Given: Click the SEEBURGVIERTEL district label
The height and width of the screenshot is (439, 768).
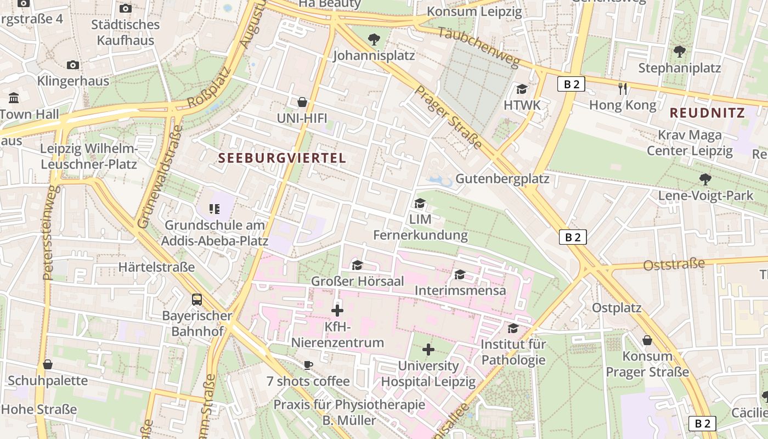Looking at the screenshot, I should click(x=282, y=158).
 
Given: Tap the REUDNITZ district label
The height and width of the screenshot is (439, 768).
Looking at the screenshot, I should click(x=707, y=113).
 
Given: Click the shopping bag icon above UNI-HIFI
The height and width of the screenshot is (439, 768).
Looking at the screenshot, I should click(x=302, y=102).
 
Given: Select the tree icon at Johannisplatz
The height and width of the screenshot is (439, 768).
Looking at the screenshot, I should click(x=374, y=39).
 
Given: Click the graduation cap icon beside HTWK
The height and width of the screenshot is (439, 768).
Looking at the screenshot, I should click(x=522, y=89).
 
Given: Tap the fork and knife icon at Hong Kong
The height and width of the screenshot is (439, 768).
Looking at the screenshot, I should click(x=622, y=88).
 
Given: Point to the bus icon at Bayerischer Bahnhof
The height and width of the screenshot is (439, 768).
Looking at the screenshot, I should click(x=197, y=300).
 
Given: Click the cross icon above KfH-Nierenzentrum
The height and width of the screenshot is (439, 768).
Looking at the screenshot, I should click(x=337, y=311).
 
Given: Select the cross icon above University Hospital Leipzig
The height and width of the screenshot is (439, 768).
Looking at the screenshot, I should click(x=428, y=350).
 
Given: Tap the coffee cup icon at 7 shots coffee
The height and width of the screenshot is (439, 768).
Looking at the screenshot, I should click(x=308, y=365).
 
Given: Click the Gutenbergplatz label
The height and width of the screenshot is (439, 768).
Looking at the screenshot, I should click(x=502, y=179).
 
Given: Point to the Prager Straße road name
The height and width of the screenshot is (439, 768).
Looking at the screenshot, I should click(x=448, y=117).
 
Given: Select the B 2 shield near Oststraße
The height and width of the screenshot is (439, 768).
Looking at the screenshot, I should click(x=573, y=237).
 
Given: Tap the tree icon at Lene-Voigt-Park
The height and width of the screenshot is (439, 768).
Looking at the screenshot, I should click(x=705, y=179).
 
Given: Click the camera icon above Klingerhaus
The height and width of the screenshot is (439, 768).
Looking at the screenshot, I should click(x=73, y=65).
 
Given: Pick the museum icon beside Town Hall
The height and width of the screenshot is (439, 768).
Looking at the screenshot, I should click(x=14, y=98).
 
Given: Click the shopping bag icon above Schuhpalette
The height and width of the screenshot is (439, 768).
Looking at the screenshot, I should click(x=48, y=364).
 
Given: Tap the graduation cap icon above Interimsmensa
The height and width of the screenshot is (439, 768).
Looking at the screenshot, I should click(x=460, y=274).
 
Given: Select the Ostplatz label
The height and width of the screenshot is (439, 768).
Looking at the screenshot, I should click(x=616, y=308).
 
